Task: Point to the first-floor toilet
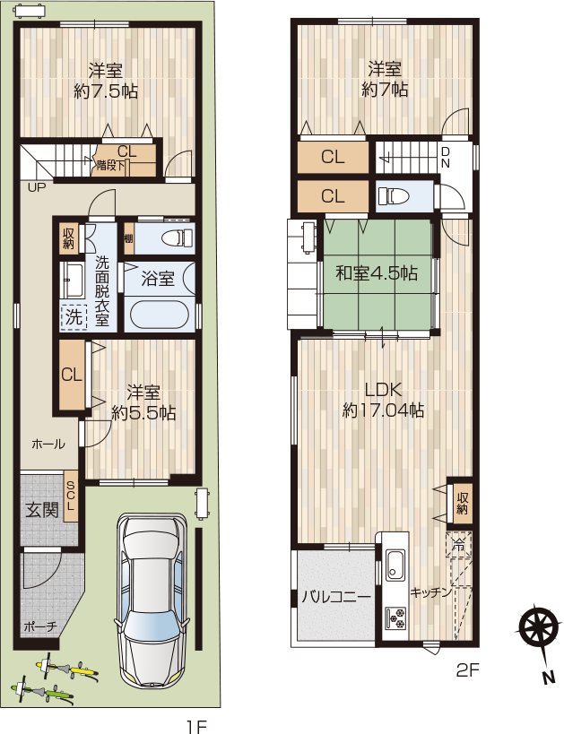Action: coord(178,237)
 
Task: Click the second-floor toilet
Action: coord(394,195)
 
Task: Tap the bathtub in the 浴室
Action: coord(160,314)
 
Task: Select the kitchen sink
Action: coord(395,565)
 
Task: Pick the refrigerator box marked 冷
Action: coord(458,544)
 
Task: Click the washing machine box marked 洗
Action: coord(74,317)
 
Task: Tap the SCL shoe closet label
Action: coord(71,496)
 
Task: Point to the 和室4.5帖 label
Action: coord(377,273)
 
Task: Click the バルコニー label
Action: coord(336,597)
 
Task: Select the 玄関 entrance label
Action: coord(43,509)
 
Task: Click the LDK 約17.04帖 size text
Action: coord(384,410)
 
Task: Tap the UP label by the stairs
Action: coord(37,187)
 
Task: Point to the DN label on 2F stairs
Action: coord(445,158)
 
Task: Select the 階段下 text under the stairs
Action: coord(110,165)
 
